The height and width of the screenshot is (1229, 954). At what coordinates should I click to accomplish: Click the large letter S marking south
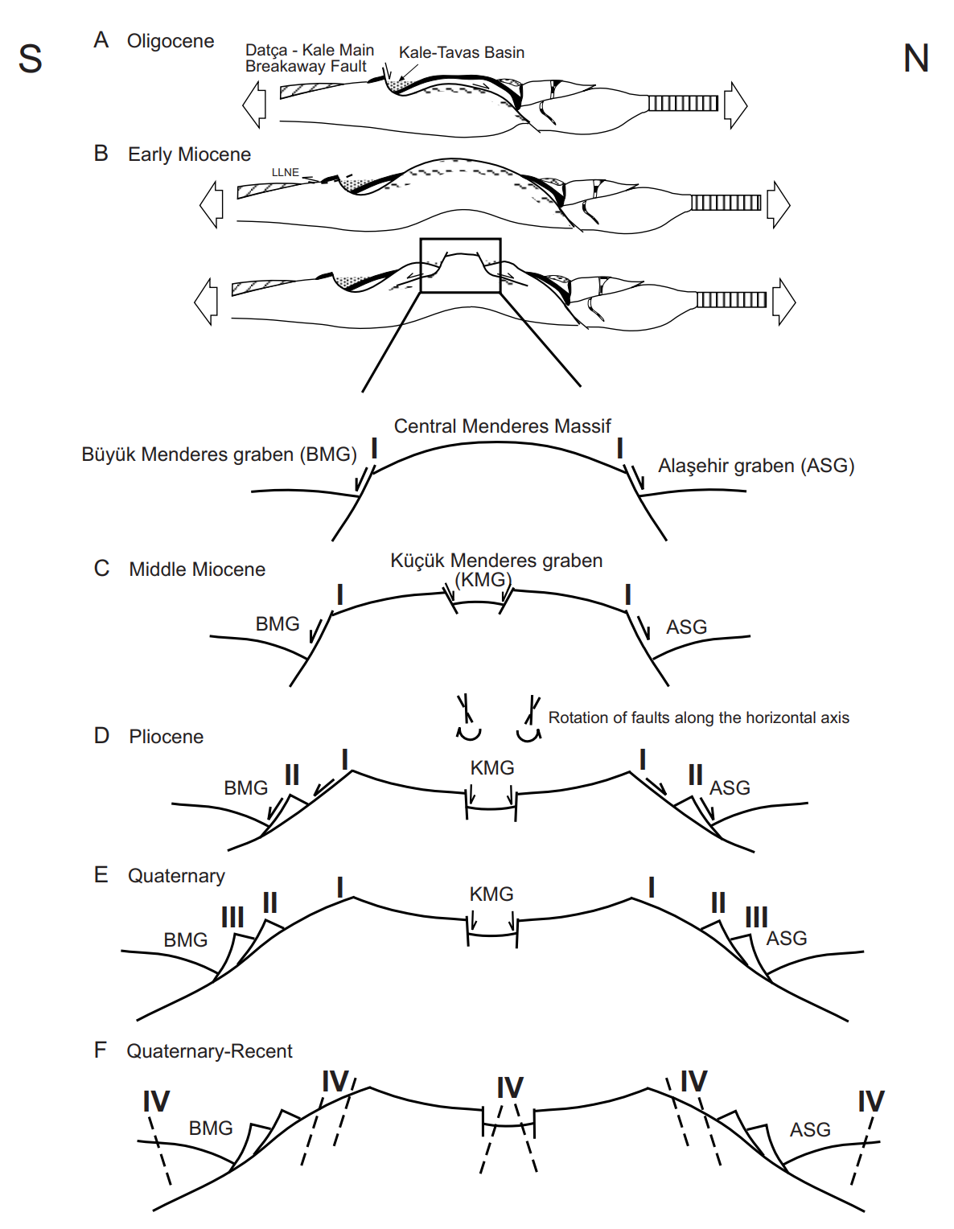pyautogui.click(x=31, y=59)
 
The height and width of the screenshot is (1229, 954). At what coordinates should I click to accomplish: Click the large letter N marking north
pyautogui.click(x=916, y=59)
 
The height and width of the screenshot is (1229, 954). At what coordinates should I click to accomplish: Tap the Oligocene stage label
pyautogui.click(x=171, y=41)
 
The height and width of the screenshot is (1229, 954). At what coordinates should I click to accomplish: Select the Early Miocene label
pyautogui.click(x=189, y=154)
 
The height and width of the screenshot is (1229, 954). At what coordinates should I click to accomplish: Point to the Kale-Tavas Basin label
pyautogui.click(x=462, y=52)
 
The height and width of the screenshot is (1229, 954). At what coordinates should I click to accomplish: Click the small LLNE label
pyautogui.click(x=286, y=172)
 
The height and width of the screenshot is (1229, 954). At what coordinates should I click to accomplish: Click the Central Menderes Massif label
pyautogui.click(x=502, y=426)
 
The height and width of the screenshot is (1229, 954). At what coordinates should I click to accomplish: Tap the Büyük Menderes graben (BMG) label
pyautogui.click(x=219, y=454)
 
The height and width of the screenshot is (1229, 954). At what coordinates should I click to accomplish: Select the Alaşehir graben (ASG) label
pyautogui.click(x=756, y=466)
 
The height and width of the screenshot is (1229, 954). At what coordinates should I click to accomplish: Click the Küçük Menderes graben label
pyautogui.click(x=496, y=561)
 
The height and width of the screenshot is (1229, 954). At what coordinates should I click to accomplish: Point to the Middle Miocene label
pyautogui.click(x=197, y=569)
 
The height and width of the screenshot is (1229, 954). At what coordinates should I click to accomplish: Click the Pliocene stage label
pyautogui.click(x=167, y=737)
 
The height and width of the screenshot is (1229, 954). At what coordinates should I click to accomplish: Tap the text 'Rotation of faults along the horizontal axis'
pyautogui.click(x=698, y=717)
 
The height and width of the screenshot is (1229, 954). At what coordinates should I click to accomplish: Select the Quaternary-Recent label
pyautogui.click(x=209, y=1051)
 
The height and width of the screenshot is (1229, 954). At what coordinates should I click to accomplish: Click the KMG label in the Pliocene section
pyautogui.click(x=492, y=768)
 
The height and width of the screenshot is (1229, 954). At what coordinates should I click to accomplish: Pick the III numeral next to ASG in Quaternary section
pyautogui.click(x=756, y=917)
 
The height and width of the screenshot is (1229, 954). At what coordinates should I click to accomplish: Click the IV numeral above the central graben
pyautogui.click(x=510, y=1088)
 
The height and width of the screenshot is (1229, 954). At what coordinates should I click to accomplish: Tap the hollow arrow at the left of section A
pyautogui.click(x=254, y=105)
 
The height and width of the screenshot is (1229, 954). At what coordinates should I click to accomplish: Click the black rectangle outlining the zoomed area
pyautogui.click(x=460, y=240)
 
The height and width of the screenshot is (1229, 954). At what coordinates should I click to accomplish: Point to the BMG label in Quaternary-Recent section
pyautogui.click(x=211, y=1128)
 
